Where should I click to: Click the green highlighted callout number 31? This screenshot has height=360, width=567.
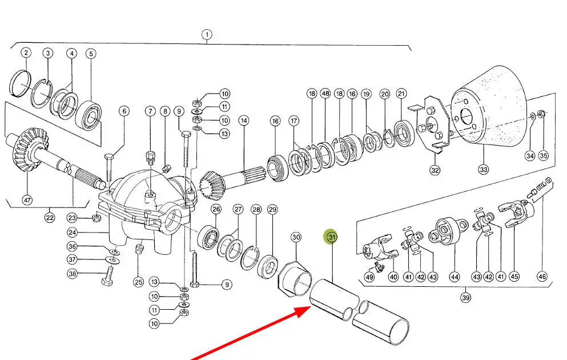[x=332, y=237]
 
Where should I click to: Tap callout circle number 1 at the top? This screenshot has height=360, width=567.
[x=207, y=35]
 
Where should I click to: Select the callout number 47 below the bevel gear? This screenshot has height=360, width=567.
[x=27, y=200]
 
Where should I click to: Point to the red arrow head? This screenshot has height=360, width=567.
[x=301, y=312]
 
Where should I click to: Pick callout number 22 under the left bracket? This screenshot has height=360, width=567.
[x=50, y=218]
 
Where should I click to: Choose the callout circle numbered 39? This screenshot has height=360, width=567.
[x=465, y=297]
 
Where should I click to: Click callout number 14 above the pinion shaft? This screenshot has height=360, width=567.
[x=244, y=121]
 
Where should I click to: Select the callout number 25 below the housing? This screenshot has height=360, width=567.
[x=139, y=282]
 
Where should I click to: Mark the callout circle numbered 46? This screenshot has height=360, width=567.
[x=542, y=277]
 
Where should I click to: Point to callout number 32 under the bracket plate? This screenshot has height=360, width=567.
[x=435, y=170]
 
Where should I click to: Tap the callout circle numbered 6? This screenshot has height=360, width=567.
[x=124, y=111]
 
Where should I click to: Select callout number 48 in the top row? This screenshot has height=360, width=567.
[x=325, y=93]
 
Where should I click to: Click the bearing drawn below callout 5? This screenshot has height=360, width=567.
[x=89, y=115]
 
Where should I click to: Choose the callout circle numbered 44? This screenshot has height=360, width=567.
[x=454, y=277]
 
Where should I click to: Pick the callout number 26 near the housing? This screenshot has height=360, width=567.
[x=216, y=209]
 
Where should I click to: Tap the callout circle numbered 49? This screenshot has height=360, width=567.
[x=369, y=277]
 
